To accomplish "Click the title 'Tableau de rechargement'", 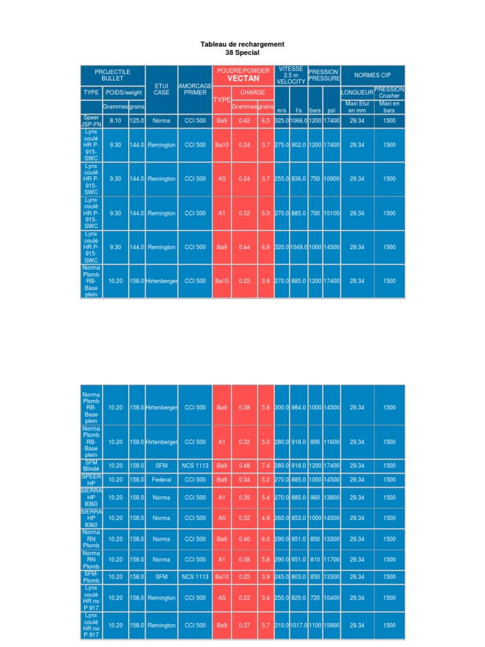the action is (x=242, y=44).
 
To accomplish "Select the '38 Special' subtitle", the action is (x=242, y=52).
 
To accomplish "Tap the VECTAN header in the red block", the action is (x=243, y=78).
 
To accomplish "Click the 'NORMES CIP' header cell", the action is (x=373, y=75).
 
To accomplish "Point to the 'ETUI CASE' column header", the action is (x=161, y=89).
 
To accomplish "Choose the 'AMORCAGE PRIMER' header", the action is (x=195, y=89).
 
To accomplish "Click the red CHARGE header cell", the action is (x=253, y=92).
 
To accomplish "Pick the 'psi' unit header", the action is (x=331, y=110).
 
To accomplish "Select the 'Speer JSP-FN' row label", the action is (x=91, y=121).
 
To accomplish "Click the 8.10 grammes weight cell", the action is (x=116, y=121).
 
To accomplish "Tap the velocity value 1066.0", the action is (x=299, y=121).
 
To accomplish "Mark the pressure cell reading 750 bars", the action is (x=315, y=179).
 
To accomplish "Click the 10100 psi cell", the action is (x=331, y=214).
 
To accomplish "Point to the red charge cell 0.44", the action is (x=244, y=247).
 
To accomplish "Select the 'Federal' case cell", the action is (x=161, y=480).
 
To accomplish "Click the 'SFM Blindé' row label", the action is (x=91, y=466).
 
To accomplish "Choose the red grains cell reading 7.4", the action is (x=266, y=466).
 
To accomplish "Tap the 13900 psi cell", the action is (x=331, y=498).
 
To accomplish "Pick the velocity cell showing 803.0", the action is (x=299, y=576).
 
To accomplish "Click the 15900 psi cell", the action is (x=331, y=625).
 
